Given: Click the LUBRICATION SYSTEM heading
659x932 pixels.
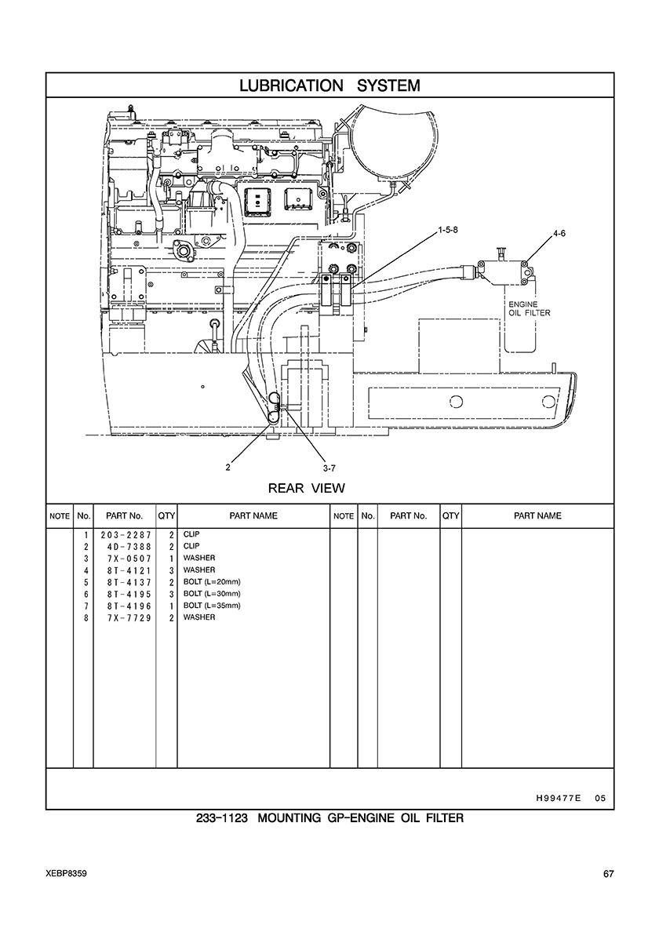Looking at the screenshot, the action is pos(329,86).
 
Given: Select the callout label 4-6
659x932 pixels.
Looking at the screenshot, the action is pos(559,234).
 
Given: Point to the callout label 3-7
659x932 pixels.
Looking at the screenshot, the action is pos(329,468).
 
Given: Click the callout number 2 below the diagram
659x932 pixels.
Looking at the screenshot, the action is pos(228,468).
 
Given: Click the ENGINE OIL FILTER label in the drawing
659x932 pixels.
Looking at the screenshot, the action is pos(530,308).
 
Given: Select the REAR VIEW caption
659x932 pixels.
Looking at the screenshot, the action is pos(307,489).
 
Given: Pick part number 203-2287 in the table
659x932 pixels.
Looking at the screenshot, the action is pos(126,534).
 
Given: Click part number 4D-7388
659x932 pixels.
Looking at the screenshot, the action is pos(129,546).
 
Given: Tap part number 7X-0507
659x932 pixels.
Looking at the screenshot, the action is pos(129,558).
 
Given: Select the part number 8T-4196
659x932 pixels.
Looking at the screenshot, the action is pos(129,606).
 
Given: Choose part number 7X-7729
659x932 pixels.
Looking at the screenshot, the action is pos(129,617).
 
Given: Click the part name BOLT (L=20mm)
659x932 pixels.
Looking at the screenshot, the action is pos(212,582).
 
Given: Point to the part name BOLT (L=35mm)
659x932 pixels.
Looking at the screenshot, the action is pos(212,606).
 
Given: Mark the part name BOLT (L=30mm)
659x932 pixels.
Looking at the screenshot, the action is pos(212,594).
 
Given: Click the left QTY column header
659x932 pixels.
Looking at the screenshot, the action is pos(166,516).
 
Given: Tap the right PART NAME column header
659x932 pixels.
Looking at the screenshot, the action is pos(537,516).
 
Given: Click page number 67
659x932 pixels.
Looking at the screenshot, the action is pos(608,874).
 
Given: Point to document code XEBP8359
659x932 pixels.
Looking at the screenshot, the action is pos(65,874).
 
